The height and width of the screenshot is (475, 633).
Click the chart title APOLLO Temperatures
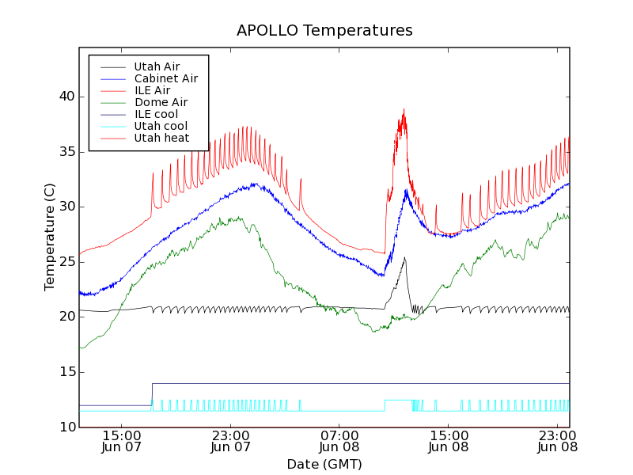324,31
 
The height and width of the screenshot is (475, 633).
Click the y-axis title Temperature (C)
50,237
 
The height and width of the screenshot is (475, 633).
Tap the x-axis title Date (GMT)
324,464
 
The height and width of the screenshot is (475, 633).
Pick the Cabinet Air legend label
165,78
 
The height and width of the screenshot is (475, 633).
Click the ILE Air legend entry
152,90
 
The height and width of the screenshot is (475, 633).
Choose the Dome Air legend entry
161,102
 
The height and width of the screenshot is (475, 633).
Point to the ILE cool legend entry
156,114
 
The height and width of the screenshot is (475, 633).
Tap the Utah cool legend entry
161,126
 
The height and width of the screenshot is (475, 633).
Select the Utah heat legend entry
161,138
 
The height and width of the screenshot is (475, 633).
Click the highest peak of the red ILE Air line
404,109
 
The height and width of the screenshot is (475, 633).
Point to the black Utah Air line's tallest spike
404,257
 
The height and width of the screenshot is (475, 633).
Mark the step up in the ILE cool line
152,394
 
